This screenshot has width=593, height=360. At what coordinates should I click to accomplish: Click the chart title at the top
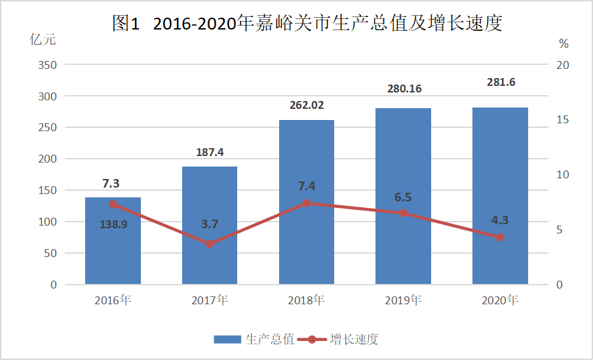(x=307, y=24)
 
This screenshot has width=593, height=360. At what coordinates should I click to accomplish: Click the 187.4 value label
(x=210, y=152)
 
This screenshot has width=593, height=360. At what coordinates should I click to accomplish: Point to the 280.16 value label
(x=404, y=89)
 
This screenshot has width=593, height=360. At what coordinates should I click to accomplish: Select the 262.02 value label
(x=307, y=105)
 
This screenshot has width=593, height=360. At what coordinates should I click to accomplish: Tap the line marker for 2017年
(x=210, y=244)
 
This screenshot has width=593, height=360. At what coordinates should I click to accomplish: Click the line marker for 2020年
(x=500, y=237)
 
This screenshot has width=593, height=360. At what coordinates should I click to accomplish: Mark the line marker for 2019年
(x=404, y=213)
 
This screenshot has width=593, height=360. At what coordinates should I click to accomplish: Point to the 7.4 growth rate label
(x=307, y=186)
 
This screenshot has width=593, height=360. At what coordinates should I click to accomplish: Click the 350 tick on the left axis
(x=48, y=65)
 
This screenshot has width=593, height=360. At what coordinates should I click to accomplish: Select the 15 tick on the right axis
(x=563, y=120)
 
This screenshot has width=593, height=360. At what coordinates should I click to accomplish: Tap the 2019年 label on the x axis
(x=404, y=301)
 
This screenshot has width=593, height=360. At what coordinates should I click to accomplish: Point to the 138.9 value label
(x=113, y=224)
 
